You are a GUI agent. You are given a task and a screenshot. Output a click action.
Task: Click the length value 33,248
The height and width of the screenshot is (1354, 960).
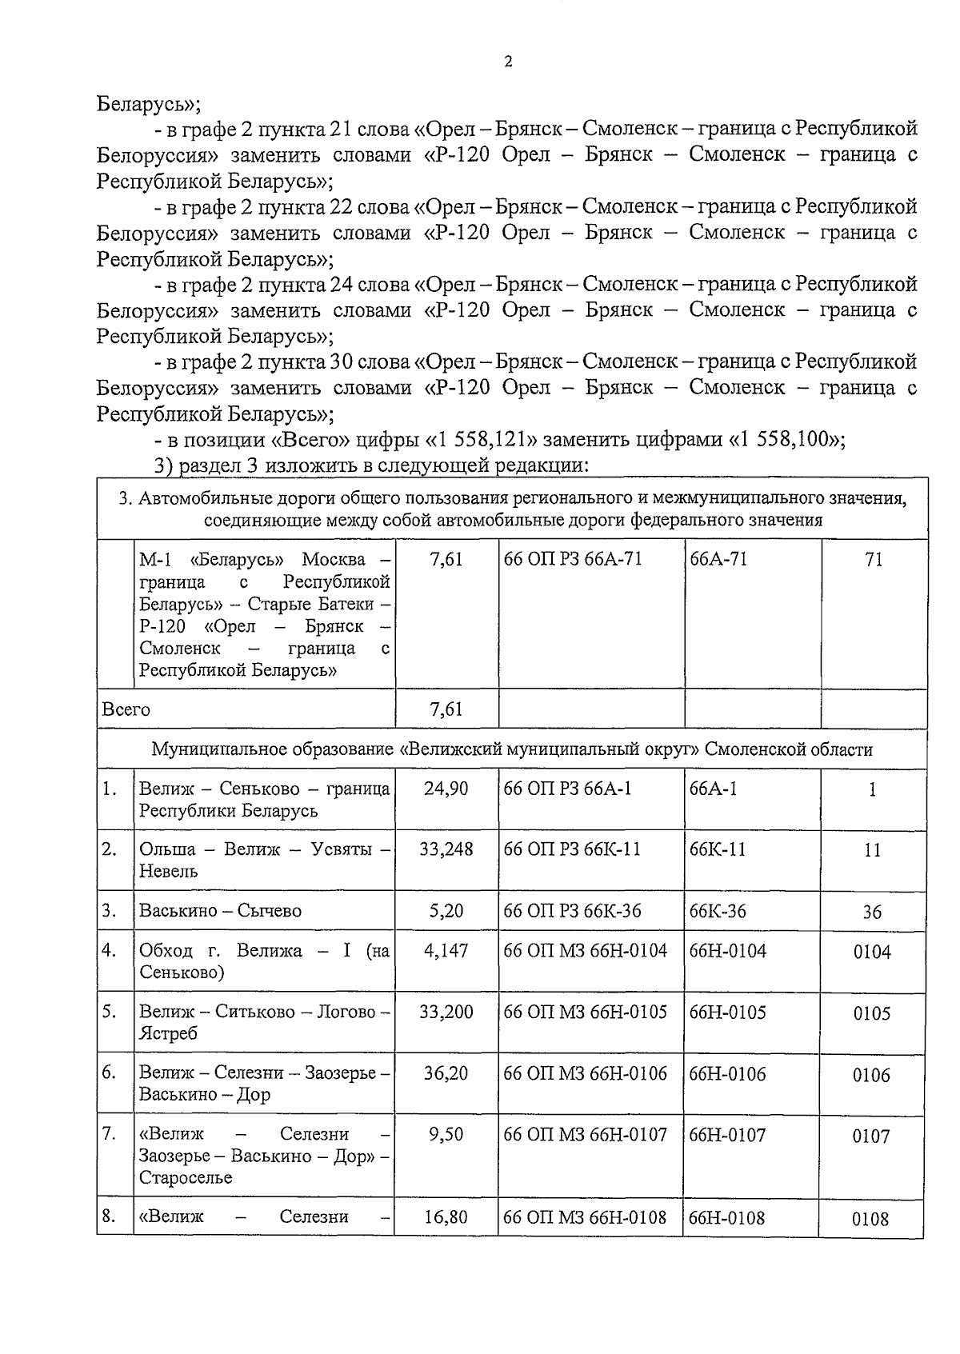(446, 849)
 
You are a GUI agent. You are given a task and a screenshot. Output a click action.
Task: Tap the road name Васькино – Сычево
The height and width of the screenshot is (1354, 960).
(219, 911)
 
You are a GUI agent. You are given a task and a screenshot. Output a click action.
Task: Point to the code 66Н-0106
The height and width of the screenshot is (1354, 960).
(727, 1074)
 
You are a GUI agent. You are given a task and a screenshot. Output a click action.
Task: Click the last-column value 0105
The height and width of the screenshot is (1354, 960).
(871, 1014)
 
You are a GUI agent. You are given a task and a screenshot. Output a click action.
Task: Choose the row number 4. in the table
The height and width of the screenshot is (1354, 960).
(110, 951)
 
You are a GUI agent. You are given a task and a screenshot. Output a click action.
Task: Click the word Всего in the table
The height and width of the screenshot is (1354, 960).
(126, 709)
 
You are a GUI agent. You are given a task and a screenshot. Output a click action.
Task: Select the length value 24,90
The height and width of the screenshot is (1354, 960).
(446, 789)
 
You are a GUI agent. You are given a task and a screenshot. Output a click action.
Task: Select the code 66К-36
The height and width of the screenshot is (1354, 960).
(718, 911)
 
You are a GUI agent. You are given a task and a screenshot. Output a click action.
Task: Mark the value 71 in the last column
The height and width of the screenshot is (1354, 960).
(874, 560)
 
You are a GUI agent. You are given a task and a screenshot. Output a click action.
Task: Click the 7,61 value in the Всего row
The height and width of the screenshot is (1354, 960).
(446, 709)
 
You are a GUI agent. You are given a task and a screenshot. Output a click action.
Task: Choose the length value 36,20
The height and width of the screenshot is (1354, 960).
(446, 1074)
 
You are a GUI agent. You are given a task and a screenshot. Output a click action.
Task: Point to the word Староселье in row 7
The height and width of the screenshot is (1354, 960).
(186, 1178)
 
